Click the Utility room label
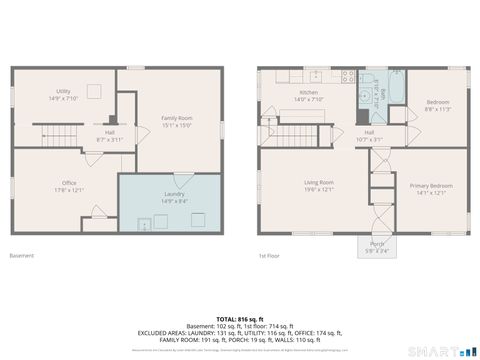point(63,91)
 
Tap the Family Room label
point(177,118)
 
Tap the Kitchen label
point(308,92)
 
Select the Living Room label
point(319,182)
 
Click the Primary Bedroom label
point(431,186)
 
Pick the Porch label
point(377,244)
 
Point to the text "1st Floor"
point(268,256)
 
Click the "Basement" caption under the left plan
point(22,256)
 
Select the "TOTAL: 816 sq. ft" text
point(240,318)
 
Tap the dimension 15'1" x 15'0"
point(177,124)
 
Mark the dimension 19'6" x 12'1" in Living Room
point(319,189)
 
